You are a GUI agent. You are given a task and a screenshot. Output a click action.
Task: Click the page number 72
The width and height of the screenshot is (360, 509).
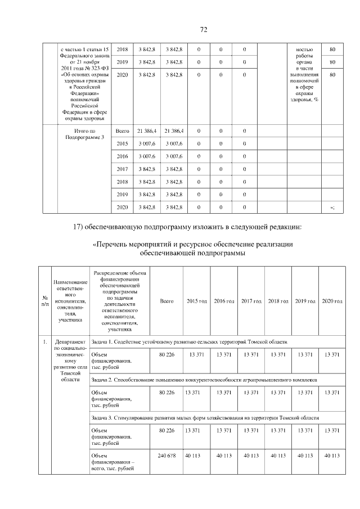coord(204,30)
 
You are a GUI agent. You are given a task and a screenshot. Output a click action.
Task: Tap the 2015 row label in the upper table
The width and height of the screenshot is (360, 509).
coord(122,144)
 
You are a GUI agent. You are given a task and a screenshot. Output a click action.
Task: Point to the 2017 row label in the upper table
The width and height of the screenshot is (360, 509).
coord(122,169)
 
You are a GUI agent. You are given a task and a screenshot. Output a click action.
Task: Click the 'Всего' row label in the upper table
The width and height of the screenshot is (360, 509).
coord(122,131)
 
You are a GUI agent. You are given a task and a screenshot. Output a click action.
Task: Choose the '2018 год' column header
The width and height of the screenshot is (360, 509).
coord(278,301)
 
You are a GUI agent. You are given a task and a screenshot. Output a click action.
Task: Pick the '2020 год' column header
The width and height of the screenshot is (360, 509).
coord(332,301)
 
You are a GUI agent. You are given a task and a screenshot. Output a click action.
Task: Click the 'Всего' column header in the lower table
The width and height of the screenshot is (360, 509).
coord(166,301)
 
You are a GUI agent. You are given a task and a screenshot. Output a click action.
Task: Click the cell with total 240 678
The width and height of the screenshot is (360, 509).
coord(167,456)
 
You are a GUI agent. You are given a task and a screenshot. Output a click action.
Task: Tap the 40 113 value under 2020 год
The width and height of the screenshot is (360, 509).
coord(332,456)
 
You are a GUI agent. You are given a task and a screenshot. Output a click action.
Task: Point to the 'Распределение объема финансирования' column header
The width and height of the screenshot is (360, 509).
coord(120,301)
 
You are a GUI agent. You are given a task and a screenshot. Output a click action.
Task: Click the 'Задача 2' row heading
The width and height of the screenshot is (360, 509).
coord(204,380)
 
